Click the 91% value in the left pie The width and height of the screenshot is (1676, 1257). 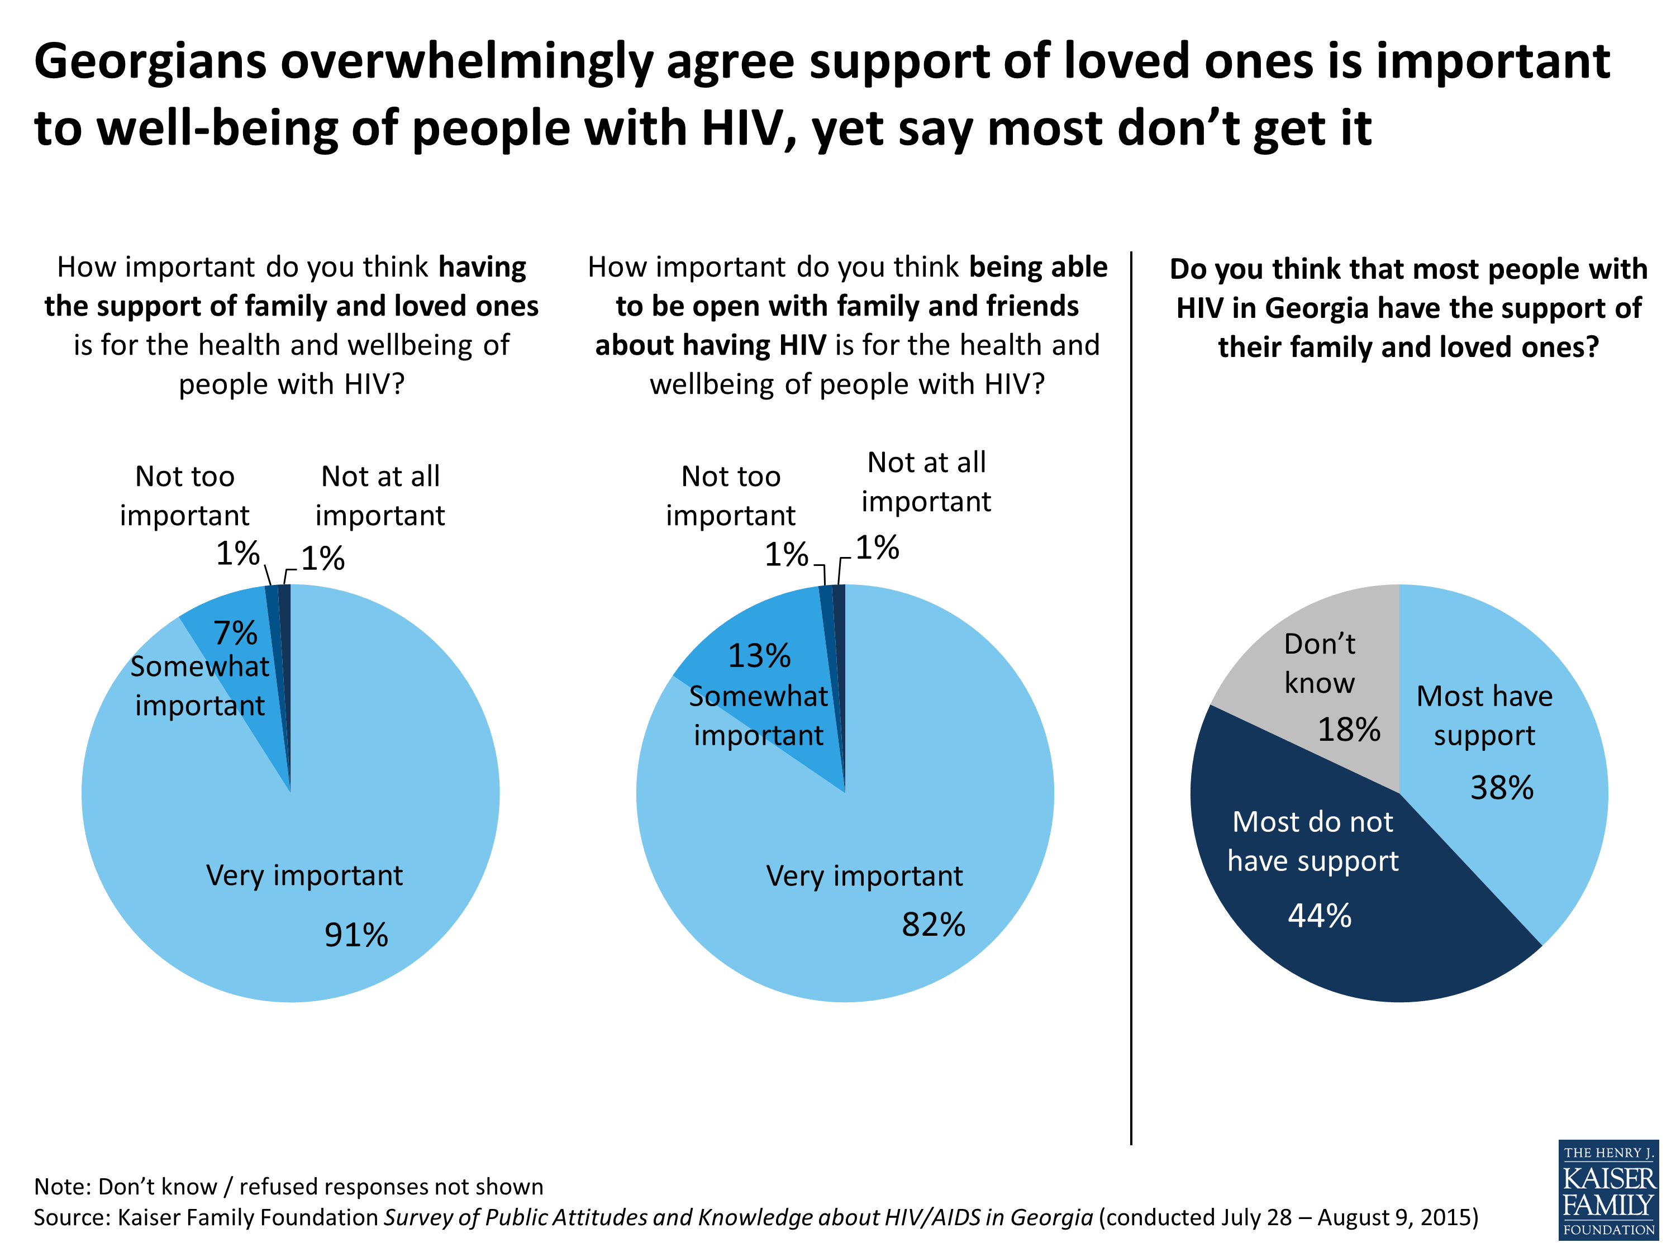[356, 935]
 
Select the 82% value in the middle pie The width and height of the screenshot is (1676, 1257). [933, 925]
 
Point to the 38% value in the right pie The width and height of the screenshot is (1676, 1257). [1502, 788]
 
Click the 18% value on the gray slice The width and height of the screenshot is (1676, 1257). [1349, 730]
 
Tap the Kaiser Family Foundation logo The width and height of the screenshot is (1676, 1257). [1608, 1189]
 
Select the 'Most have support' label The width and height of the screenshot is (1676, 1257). [1484, 715]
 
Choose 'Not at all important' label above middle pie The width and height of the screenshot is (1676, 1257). [926, 482]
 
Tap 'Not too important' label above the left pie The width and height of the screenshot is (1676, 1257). [184, 496]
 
